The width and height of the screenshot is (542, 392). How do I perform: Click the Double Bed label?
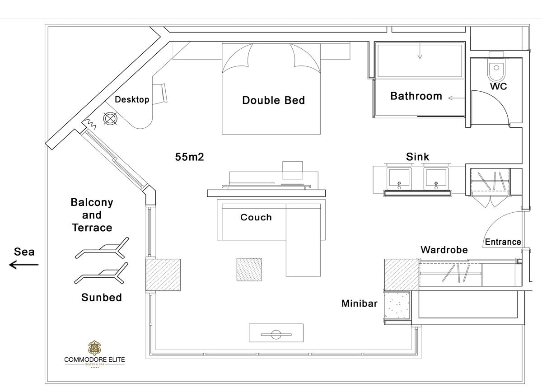(x=273, y=100)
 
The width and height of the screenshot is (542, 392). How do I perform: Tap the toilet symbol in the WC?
(x=496, y=68)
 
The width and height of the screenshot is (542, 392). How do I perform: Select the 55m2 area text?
(x=190, y=157)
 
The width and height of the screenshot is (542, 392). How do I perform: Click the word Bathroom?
(x=416, y=96)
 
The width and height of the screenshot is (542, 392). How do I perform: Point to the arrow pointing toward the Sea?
(x=24, y=265)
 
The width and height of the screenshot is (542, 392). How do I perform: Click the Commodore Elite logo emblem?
(x=94, y=348)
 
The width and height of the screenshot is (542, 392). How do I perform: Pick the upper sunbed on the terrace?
(x=102, y=248)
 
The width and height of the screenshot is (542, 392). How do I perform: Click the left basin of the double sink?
(x=399, y=178)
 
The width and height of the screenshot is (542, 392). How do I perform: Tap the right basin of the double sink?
(x=436, y=178)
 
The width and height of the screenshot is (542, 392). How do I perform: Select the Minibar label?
(x=359, y=304)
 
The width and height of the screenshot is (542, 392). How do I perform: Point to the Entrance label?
(x=503, y=242)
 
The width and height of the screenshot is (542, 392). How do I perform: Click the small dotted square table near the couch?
(x=249, y=270)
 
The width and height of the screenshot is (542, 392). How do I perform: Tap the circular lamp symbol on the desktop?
(x=110, y=119)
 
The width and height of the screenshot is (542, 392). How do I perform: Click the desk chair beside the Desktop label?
(x=162, y=93)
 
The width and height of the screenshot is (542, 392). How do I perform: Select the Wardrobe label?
(x=444, y=250)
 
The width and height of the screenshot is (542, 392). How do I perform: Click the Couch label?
(x=256, y=217)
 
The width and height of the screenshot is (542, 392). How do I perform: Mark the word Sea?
(x=24, y=252)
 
